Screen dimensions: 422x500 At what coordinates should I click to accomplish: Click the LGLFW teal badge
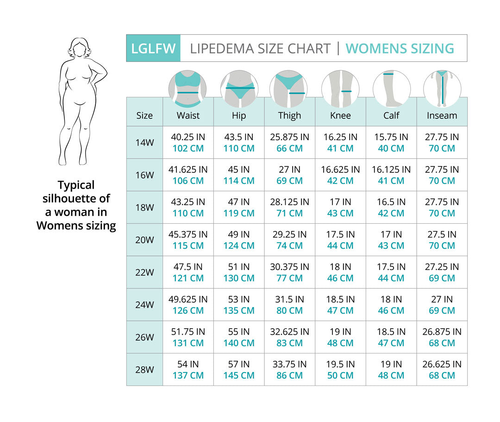coord(153,48)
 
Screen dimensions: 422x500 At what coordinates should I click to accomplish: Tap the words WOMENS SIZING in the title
coord(400,49)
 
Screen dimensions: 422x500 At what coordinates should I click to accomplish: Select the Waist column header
coord(188,116)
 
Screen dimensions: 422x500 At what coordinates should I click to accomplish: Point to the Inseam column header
coord(442,116)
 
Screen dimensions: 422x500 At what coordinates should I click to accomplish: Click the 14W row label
coord(144,143)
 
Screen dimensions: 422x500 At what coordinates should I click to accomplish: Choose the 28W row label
coord(144,370)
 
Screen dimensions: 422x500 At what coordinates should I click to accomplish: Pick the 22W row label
coord(144,273)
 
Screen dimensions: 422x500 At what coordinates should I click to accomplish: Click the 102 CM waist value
coord(188,148)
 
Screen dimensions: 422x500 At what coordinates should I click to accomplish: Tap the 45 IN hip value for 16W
coord(239,170)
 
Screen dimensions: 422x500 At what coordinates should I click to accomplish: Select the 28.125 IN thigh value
coord(289,202)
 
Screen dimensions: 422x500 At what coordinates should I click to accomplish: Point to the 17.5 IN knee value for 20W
coord(340,234)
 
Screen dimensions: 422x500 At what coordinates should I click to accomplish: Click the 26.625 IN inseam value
coord(442,364)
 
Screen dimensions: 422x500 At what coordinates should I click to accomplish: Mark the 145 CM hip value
coord(239,375)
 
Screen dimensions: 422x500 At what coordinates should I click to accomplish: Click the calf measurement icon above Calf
coord(391,88)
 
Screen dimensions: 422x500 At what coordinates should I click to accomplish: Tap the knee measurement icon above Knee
coord(340,88)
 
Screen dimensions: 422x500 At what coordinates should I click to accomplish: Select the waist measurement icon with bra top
coord(188,88)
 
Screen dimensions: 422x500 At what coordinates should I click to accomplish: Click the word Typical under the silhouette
coord(76,185)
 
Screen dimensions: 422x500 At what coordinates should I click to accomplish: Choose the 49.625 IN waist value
coord(188,299)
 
